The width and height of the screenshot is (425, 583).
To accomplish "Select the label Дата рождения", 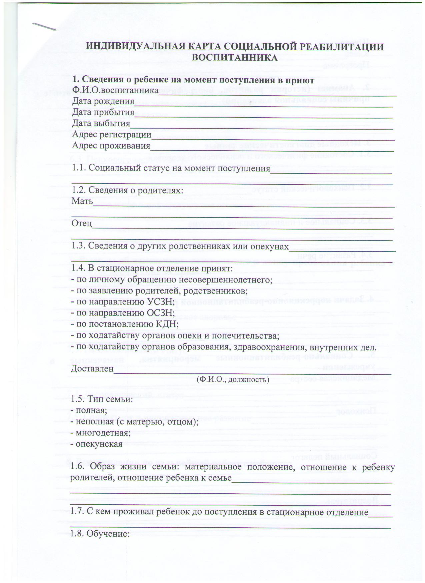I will click(103, 101).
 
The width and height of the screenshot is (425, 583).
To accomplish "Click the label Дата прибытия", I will click(103, 112).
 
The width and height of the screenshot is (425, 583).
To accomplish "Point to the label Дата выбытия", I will click(101, 123).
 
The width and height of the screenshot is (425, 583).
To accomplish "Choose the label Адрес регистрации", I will click(112, 135).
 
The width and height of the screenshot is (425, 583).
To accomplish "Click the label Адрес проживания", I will click(111, 146).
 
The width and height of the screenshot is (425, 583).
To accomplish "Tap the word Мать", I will click(82, 201).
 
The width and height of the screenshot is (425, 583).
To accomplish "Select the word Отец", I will click(82, 223).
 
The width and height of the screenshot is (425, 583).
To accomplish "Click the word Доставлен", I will click(92, 369).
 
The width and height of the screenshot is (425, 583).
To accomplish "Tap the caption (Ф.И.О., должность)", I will click(233, 379).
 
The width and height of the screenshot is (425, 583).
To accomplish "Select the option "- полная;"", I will click(89, 410).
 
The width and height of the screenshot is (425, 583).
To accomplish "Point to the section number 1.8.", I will click(77, 533).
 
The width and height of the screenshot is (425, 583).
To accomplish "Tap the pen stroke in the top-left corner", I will click(44, 27).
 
